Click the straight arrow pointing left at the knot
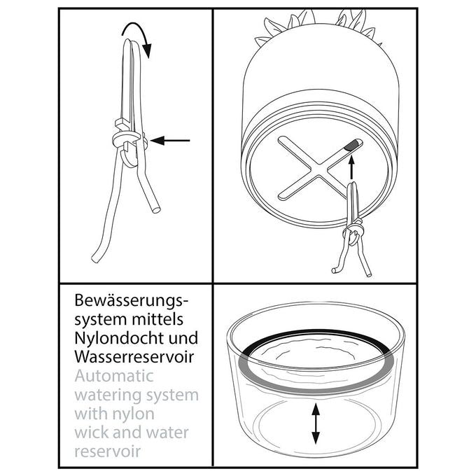(170, 141)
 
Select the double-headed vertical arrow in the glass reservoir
(316, 423)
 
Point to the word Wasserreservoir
(134, 357)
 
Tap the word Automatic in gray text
(114, 376)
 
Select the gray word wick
(94, 433)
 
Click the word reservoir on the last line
(108, 451)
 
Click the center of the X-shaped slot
(318, 169)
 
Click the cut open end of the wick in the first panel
(156, 209)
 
